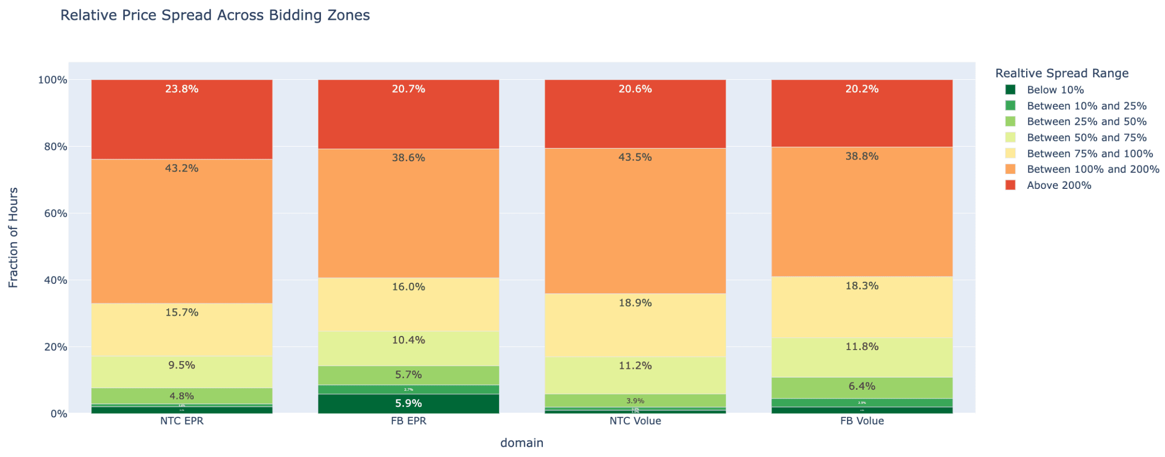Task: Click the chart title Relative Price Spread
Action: pyautogui.click(x=215, y=16)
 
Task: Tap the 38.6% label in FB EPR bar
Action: pyautogui.click(x=408, y=158)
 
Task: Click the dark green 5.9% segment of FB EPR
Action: pyautogui.click(x=408, y=404)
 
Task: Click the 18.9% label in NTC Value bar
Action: pyautogui.click(x=635, y=303)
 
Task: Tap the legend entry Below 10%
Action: pyautogui.click(x=1055, y=90)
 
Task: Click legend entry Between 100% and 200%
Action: pyautogui.click(x=1092, y=169)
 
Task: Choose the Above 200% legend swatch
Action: pyautogui.click(x=1011, y=185)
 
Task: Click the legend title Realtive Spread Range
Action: pyautogui.click(x=1062, y=73)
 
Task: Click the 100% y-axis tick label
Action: pyautogui.click(x=52, y=80)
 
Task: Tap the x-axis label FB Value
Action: pyautogui.click(x=862, y=421)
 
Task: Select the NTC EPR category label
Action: pyautogui.click(x=182, y=421)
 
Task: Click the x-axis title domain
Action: pyautogui.click(x=521, y=443)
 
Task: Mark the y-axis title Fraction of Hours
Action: pyautogui.click(x=14, y=237)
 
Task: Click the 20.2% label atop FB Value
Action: pyautogui.click(x=862, y=89)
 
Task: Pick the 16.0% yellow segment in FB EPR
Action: pyautogui.click(x=408, y=304)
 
